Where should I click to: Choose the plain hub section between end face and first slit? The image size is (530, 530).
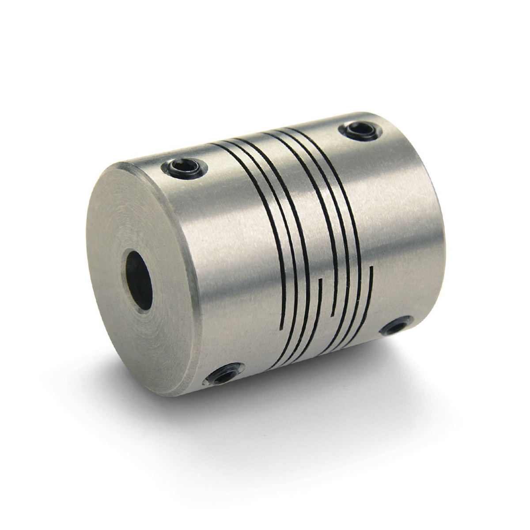(230, 247)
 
